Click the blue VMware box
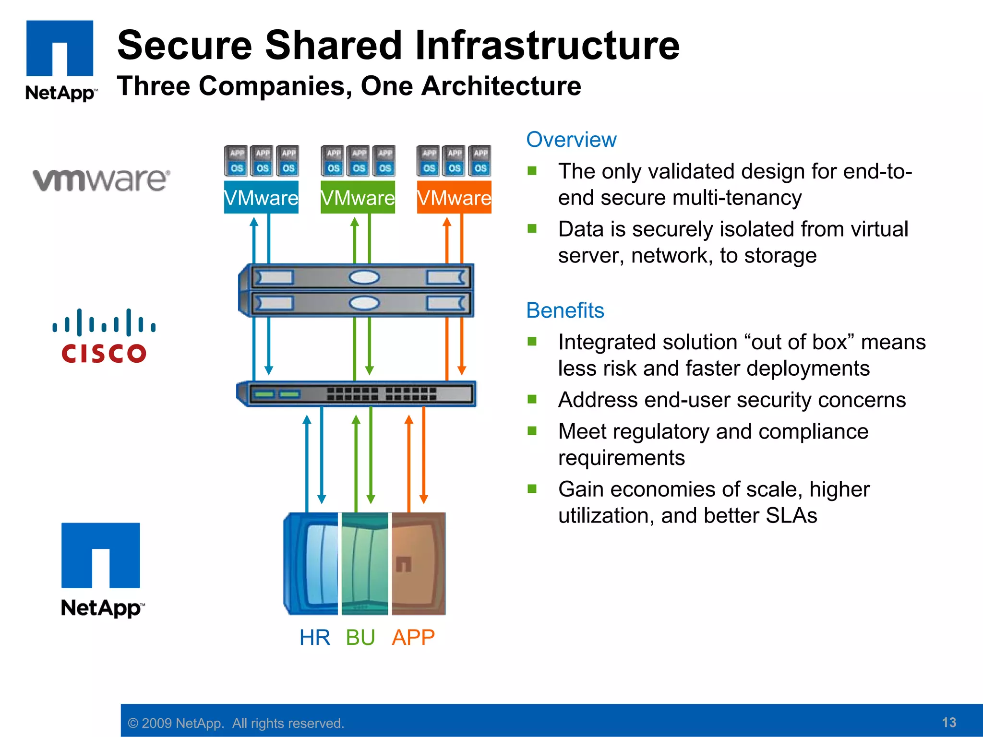click(x=261, y=197)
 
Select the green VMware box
click(x=358, y=197)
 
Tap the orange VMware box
click(x=454, y=197)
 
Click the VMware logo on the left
click(x=101, y=180)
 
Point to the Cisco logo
click(x=104, y=336)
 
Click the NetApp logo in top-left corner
click(x=60, y=60)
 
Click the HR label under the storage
click(x=315, y=638)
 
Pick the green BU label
click(x=360, y=638)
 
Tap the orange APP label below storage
click(x=413, y=638)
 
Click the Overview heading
click(x=571, y=140)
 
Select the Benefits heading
click(x=565, y=310)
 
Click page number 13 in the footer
click(x=949, y=722)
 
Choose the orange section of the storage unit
click(x=419, y=564)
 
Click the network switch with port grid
click(x=356, y=394)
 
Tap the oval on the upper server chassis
click(x=364, y=277)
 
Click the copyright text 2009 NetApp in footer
click(x=236, y=723)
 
